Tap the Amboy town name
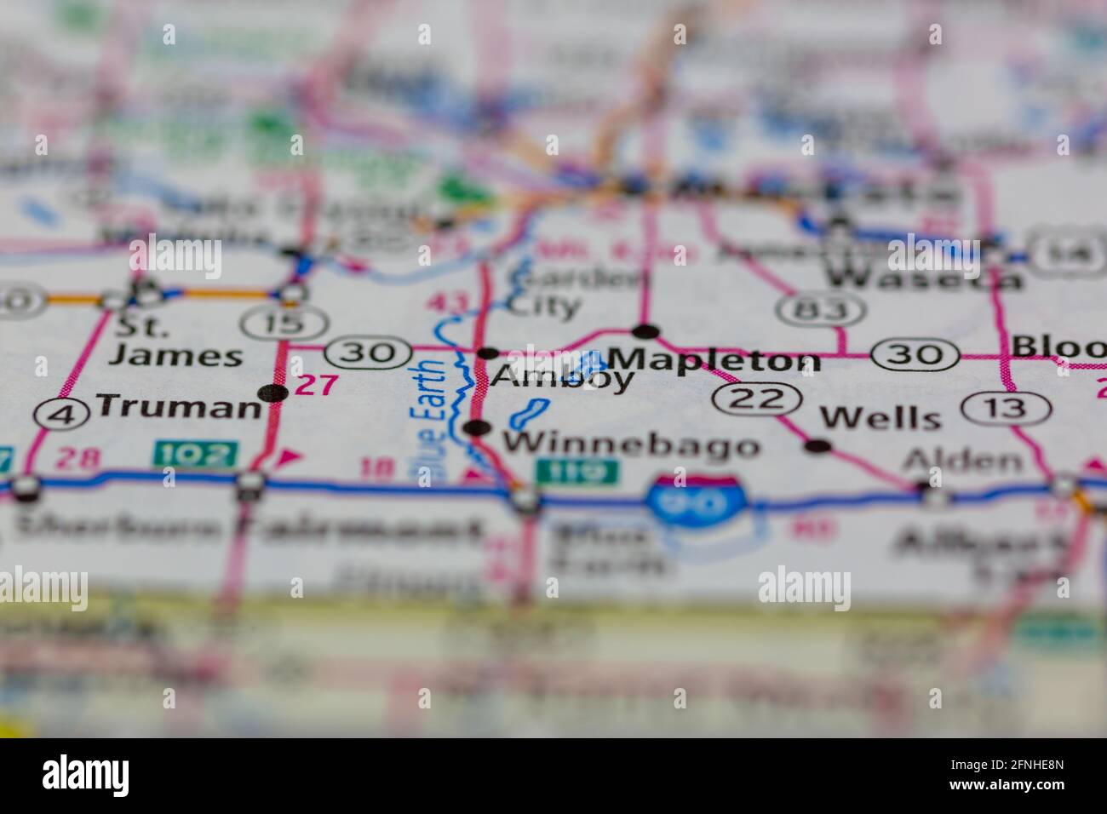562,378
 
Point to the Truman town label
179,406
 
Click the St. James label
175,341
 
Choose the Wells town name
880,417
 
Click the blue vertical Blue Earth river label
432,422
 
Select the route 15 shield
284,323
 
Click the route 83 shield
820,309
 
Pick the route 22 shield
758,398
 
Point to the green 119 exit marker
576,470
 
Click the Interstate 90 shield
696,498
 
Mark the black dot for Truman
272,393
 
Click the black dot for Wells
817,444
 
